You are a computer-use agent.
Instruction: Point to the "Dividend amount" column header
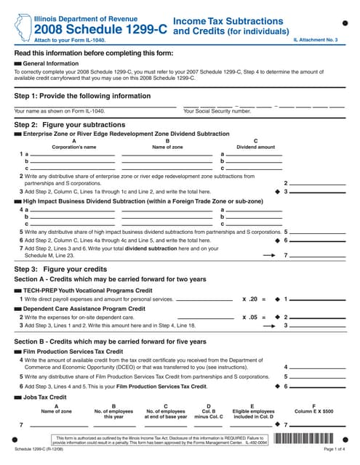coord(256,147)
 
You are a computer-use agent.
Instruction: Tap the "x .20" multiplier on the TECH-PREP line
coord(249,299)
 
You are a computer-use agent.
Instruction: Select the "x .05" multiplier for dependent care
coord(249,317)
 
